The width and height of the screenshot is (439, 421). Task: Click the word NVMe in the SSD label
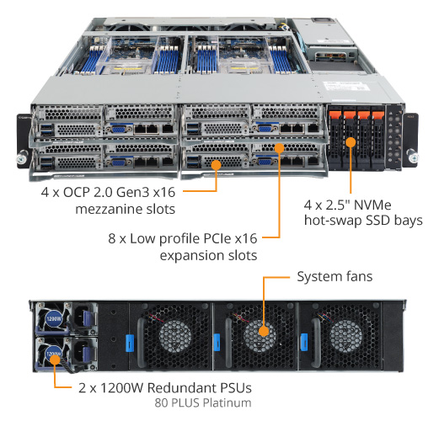click(x=372, y=205)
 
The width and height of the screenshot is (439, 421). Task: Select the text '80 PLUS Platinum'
click(x=203, y=402)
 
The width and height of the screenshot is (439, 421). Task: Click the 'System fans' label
click(x=335, y=276)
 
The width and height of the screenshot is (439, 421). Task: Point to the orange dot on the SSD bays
click(x=351, y=142)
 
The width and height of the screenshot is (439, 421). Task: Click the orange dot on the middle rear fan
click(x=264, y=331)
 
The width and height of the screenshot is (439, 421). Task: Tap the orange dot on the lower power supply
click(x=55, y=360)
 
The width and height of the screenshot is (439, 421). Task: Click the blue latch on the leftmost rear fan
click(x=130, y=343)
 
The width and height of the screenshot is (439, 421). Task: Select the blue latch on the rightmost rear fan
click(x=304, y=342)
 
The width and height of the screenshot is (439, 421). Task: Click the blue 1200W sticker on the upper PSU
click(x=54, y=318)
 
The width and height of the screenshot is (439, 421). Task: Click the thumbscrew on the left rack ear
click(x=22, y=158)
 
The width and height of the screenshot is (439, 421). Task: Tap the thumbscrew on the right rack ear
click(x=412, y=157)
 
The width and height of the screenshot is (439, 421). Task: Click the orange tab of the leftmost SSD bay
click(x=335, y=115)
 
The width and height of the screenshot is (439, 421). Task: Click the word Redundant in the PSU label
click(x=182, y=388)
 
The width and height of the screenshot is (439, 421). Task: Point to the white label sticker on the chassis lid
click(x=346, y=86)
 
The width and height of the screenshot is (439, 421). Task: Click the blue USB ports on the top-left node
click(x=46, y=130)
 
